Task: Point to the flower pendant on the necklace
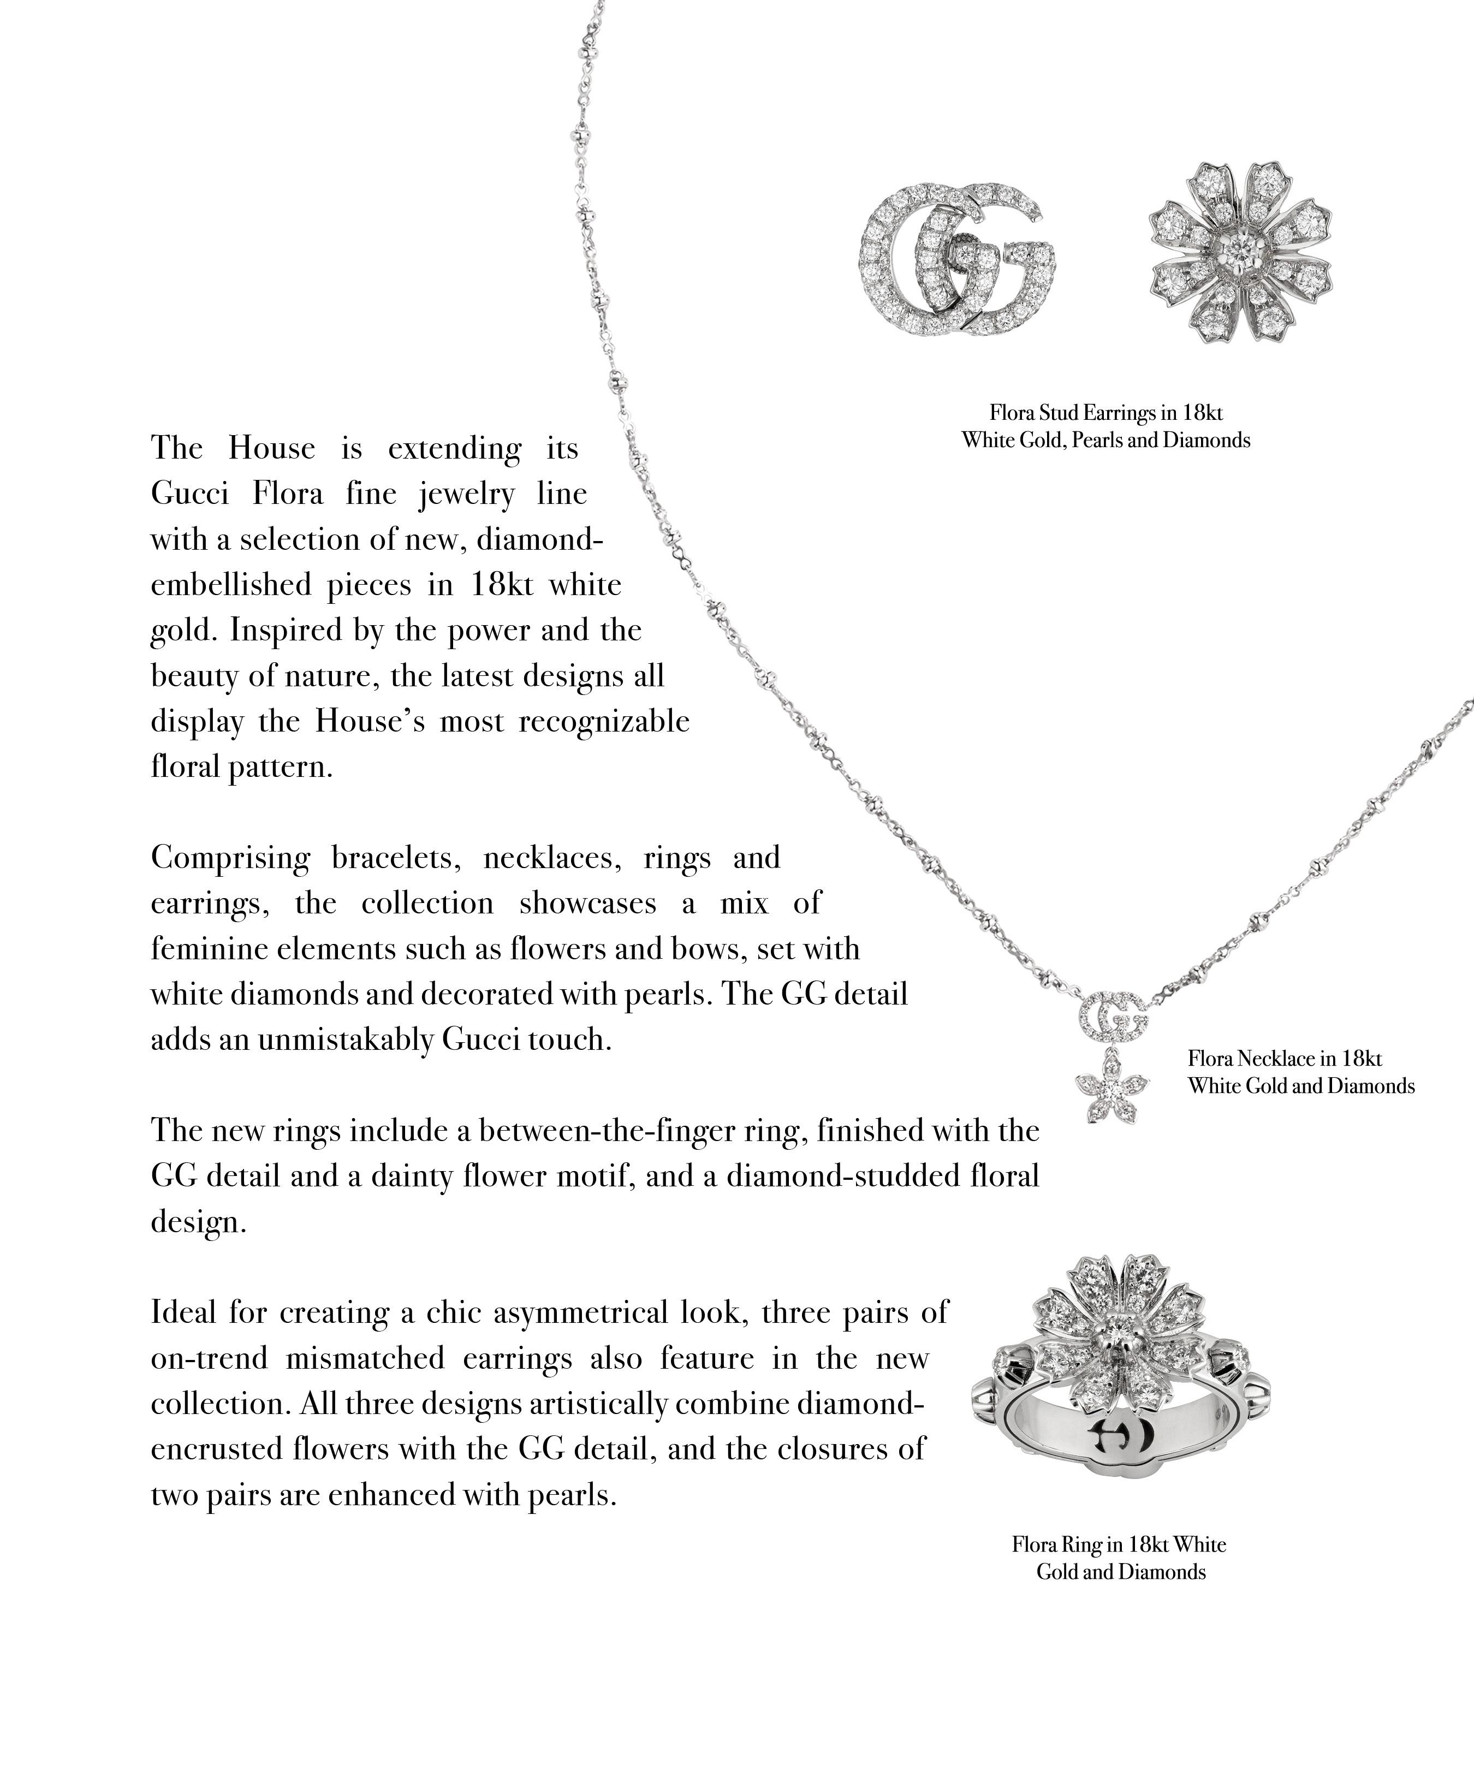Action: [x=1112, y=1085]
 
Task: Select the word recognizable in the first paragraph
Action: [x=603, y=721]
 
